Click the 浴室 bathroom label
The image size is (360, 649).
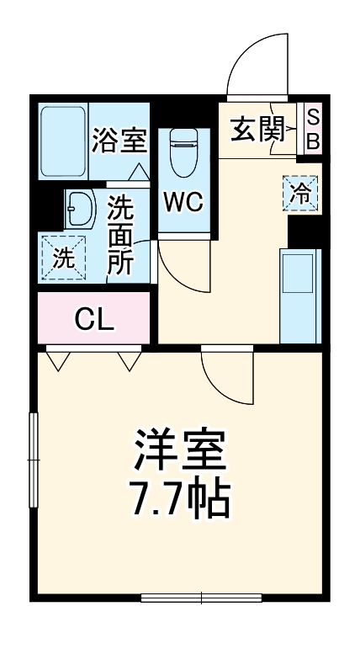[x=119, y=140]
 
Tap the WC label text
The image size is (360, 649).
[x=182, y=202]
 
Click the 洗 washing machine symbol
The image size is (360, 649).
[x=64, y=258]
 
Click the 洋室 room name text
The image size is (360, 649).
[x=181, y=452]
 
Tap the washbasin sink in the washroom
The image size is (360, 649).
[x=81, y=208]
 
